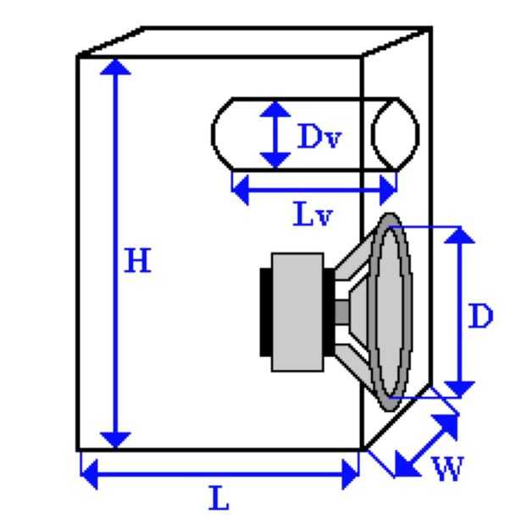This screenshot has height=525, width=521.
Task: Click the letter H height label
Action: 137,260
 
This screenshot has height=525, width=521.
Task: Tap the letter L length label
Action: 219,498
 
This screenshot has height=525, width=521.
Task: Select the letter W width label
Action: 448,468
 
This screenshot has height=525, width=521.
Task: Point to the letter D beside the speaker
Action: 480,316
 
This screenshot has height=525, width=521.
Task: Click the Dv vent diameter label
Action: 319,136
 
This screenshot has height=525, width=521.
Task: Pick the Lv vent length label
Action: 313,213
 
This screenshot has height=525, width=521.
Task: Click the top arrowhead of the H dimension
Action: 115,66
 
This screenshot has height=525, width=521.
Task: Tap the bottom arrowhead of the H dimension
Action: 115,439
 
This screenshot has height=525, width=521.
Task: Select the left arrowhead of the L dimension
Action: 90,474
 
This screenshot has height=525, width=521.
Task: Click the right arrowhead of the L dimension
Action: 350,474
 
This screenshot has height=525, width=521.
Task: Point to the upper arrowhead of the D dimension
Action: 459,235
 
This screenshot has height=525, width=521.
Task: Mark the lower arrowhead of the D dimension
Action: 459,389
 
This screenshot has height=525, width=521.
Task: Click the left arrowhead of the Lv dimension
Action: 241,190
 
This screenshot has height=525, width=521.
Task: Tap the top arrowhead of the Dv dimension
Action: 275,109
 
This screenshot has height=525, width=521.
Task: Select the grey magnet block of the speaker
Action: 297,312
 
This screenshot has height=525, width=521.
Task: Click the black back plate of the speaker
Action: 266,312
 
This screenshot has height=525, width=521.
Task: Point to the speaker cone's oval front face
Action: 391,312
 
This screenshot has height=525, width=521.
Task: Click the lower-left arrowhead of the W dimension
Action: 406,465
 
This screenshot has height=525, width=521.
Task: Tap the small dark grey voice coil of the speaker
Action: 341,312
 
